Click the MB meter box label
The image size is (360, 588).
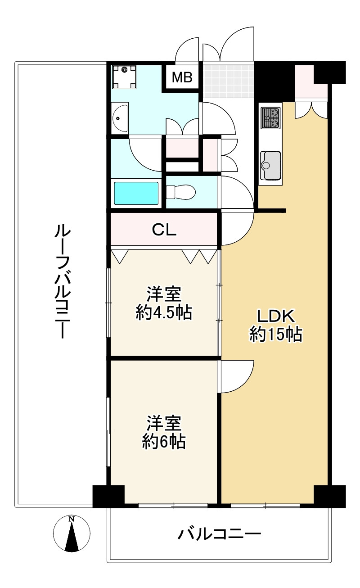pos(182,78)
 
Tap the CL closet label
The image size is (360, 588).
pos(164,230)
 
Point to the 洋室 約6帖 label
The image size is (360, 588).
pos(164,433)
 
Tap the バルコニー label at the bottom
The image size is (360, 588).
pos(219,535)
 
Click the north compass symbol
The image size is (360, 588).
pos(71,534)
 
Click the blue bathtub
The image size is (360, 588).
pos(136,193)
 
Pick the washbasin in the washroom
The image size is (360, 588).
pos(119,118)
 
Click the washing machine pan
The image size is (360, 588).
pos(124,77)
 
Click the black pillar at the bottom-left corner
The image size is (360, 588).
pos(108,496)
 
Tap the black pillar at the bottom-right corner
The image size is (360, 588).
pos(330,496)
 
